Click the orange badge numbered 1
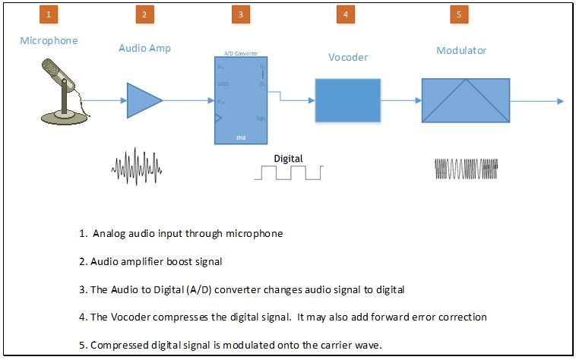pyautogui.click(x=49, y=14)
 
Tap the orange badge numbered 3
pyautogui.click(x=240, y=14)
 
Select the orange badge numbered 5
pyautogui.click(x=459, y=14)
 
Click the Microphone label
pyautogui.click(x=49, y=40)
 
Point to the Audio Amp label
pyautogui.click(x=144, y=48)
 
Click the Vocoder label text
pyautogui.click(x=348, y=57)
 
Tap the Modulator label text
pyautogui.click(x=461, y=51)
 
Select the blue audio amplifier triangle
pyautogui.click(x=143, y=99)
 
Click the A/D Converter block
pyautogui.click(x=240, y=100)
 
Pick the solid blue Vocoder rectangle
pyautogui.click(x=347, y=99)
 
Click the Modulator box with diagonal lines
pyautogui.click(x=466, y=100)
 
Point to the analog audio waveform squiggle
pyautogui.click(x=138, y=166)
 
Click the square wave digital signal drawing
pyautogui.click(x=288, y=172)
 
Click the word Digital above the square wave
pyautogui.click(x=288, y=158)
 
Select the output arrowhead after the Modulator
pyautogui.click(x=559, y=101)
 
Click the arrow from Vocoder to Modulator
pyautogui.click(x=401, y=100)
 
